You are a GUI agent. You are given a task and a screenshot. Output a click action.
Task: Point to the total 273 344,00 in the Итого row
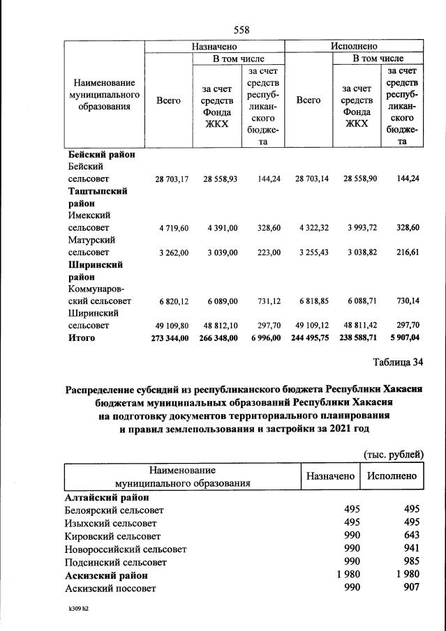169,338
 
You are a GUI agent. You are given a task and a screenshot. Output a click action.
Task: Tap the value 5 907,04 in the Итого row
403,338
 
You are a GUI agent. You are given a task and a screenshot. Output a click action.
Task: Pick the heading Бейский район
101,155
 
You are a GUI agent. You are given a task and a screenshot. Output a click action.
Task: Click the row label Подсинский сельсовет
116,562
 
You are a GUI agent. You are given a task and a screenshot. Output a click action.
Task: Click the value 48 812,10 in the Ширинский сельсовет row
221,326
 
